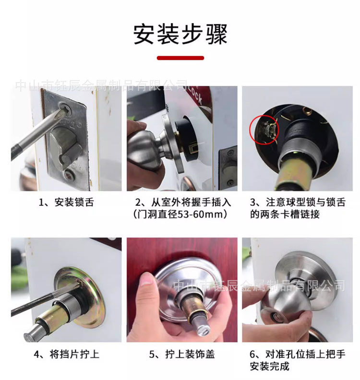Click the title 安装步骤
point(180,34)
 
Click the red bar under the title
point(180,58)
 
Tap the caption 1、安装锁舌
point(66,202)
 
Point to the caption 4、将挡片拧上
point(66,354)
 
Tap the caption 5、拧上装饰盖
point(181,354)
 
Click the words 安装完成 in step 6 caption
point(270,366)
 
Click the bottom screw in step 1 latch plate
point(69,175)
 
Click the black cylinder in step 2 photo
point(190,137)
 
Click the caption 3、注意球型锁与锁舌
point(298,202)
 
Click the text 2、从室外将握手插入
point(183,202)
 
